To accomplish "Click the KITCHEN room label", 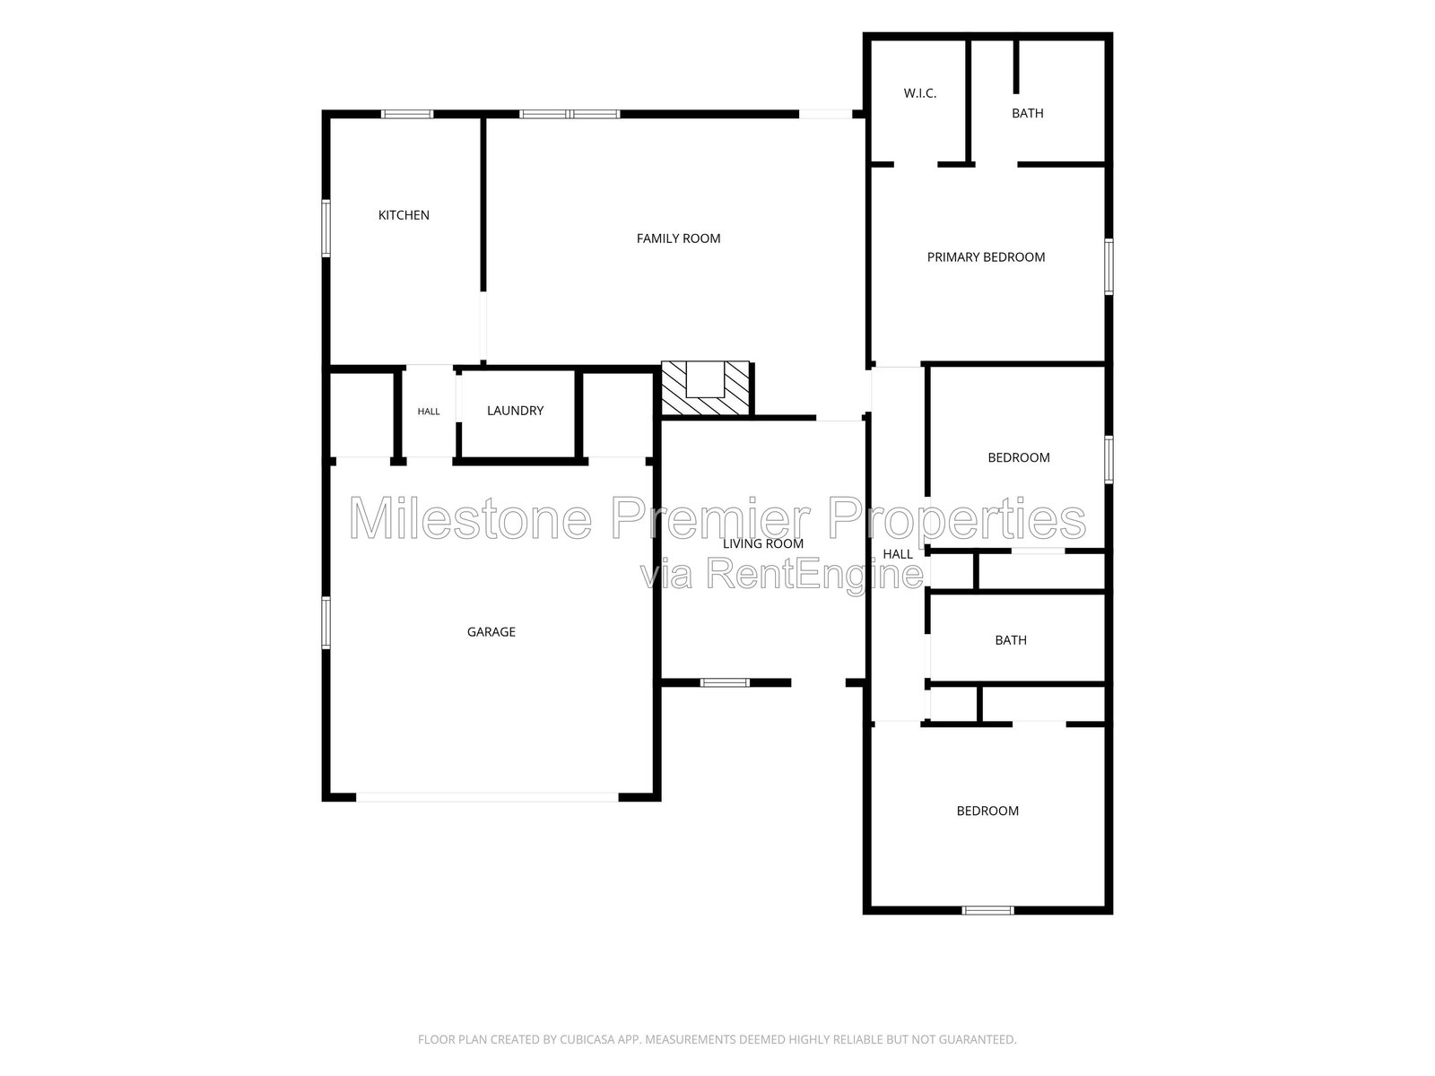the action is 404,215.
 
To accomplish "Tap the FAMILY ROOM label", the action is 678,239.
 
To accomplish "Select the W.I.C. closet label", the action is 919,93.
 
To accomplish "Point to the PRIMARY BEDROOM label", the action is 985,257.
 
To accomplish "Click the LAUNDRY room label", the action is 515,411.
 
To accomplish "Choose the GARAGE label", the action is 491,632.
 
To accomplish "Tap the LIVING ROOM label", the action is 762,543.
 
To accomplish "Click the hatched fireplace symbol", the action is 705,388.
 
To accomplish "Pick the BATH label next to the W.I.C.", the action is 1027,113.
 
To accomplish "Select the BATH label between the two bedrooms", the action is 1010,640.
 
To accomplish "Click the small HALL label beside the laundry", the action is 428,411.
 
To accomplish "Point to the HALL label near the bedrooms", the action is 897,554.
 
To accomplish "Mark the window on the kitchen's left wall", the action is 326,228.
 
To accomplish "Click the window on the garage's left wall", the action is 326,622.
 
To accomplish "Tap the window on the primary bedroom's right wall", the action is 1109,266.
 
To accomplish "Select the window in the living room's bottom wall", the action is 725,682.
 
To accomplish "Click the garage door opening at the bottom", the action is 487,797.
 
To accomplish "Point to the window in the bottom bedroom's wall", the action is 987,910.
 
